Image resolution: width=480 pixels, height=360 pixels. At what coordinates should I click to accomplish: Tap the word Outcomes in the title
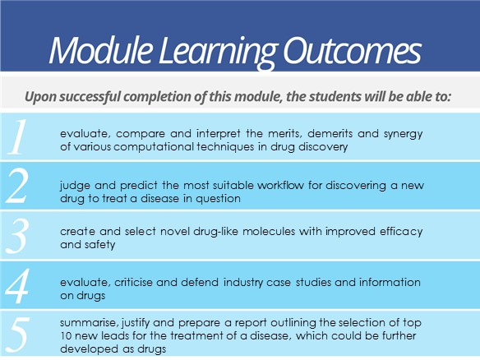352,50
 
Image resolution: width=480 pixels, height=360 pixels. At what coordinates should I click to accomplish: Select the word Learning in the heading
218,53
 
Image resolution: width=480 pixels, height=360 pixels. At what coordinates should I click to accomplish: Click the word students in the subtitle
335,96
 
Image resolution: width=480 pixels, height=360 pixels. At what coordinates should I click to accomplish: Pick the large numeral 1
17,136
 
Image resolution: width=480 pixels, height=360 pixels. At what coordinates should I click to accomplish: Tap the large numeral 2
17,186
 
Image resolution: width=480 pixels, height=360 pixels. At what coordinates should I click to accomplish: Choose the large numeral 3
18,235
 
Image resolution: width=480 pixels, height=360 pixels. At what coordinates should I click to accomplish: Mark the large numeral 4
17,285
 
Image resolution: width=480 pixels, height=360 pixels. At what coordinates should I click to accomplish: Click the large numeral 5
18,335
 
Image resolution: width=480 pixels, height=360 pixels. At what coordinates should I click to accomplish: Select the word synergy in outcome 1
404,134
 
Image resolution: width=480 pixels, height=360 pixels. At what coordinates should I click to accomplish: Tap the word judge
75,186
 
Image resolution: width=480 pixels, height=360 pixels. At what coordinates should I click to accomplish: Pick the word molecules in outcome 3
269,231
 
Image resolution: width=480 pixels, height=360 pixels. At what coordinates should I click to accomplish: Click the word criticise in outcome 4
133,282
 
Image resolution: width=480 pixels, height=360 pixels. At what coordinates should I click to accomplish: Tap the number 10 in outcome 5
66,336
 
